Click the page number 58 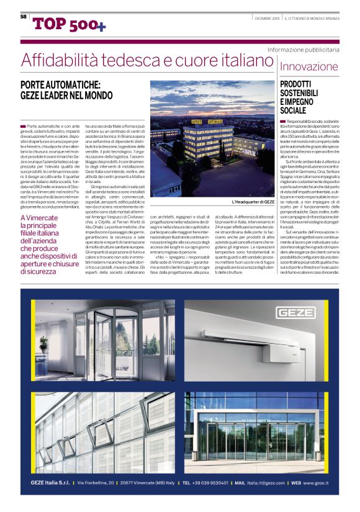(x=23, y=17)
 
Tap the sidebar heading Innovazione (x=309, y=66)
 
